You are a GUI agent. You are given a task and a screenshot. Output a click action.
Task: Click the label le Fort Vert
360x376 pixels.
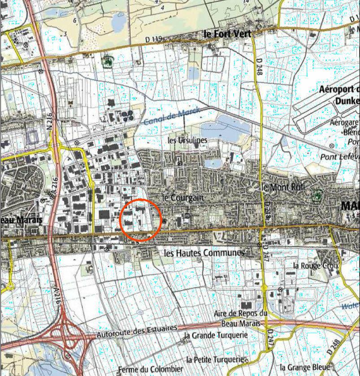click(x=226, y=34)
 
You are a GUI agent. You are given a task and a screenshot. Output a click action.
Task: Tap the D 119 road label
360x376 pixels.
click(x=153, y=39)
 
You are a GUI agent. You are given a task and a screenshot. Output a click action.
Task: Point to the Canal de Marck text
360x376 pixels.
click(x=172, y=117)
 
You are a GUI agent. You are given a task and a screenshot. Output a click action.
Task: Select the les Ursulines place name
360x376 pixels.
click(x=187, y=140)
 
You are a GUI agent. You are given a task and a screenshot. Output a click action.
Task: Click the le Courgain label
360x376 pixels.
click(x=182, y=197)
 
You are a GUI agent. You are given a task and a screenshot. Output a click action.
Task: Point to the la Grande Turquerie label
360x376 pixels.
click(x=216, y=335)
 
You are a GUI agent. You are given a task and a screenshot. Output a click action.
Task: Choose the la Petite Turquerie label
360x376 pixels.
click(x=215, y=359)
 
